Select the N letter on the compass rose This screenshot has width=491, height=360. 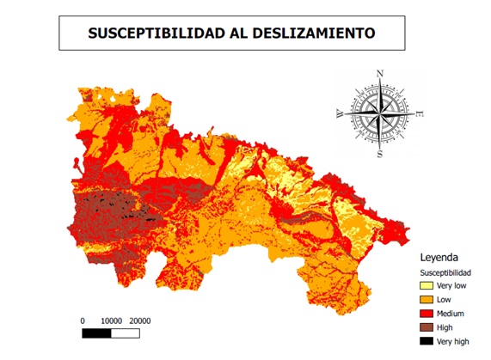click(x=380, y=73)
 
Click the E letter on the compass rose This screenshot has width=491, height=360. click(x=420, y=113)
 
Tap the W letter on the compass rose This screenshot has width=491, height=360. click(x=340, y=113)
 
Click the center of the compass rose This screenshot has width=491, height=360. click(x=380, y=113)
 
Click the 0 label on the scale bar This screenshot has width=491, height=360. click(x=83, y=320)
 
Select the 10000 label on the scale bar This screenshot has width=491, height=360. click(x=114, y=320)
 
